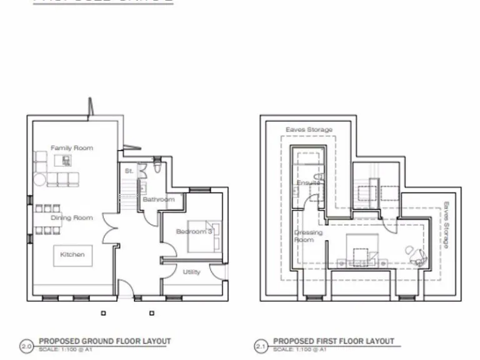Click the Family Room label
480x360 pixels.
pyautogui.click(x=72, y=148)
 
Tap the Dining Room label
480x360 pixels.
pyautogui.click(x=72, y=217)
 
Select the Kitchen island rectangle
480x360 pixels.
pyautogui.click(x=72, y=254)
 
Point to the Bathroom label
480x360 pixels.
pyautogui.click(x=159, y=199)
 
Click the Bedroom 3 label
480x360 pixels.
pyautogui.click(x=194, y=231)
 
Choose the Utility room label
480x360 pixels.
pyautogui.click(x=192, y=272)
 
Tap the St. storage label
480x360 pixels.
pyautogui.click(x=129, y=170)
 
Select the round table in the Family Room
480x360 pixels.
pyautogui.click(x=39, y=181)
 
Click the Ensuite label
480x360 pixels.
pyautogui.click(x=308, y=182)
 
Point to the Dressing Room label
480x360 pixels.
pyautogui.click(x=308, y=236)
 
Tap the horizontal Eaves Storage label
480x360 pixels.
pyautogui.click(x=309, y=129)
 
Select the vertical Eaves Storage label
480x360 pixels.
pyautogui.click(x=446, y=225)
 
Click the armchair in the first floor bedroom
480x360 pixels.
pyautogui.click(x=415, y=252)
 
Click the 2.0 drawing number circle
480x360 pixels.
pyautogui.click(x=27, y=344)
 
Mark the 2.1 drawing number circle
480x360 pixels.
pyautogui.click(x=261, y=344)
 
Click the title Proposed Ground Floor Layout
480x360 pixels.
pyautogui.click(x=104, y=341)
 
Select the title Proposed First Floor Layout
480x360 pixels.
pyautogui.click(x=334, y=341)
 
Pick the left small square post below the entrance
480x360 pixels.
pyautogui.click(x=104, y=313)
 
